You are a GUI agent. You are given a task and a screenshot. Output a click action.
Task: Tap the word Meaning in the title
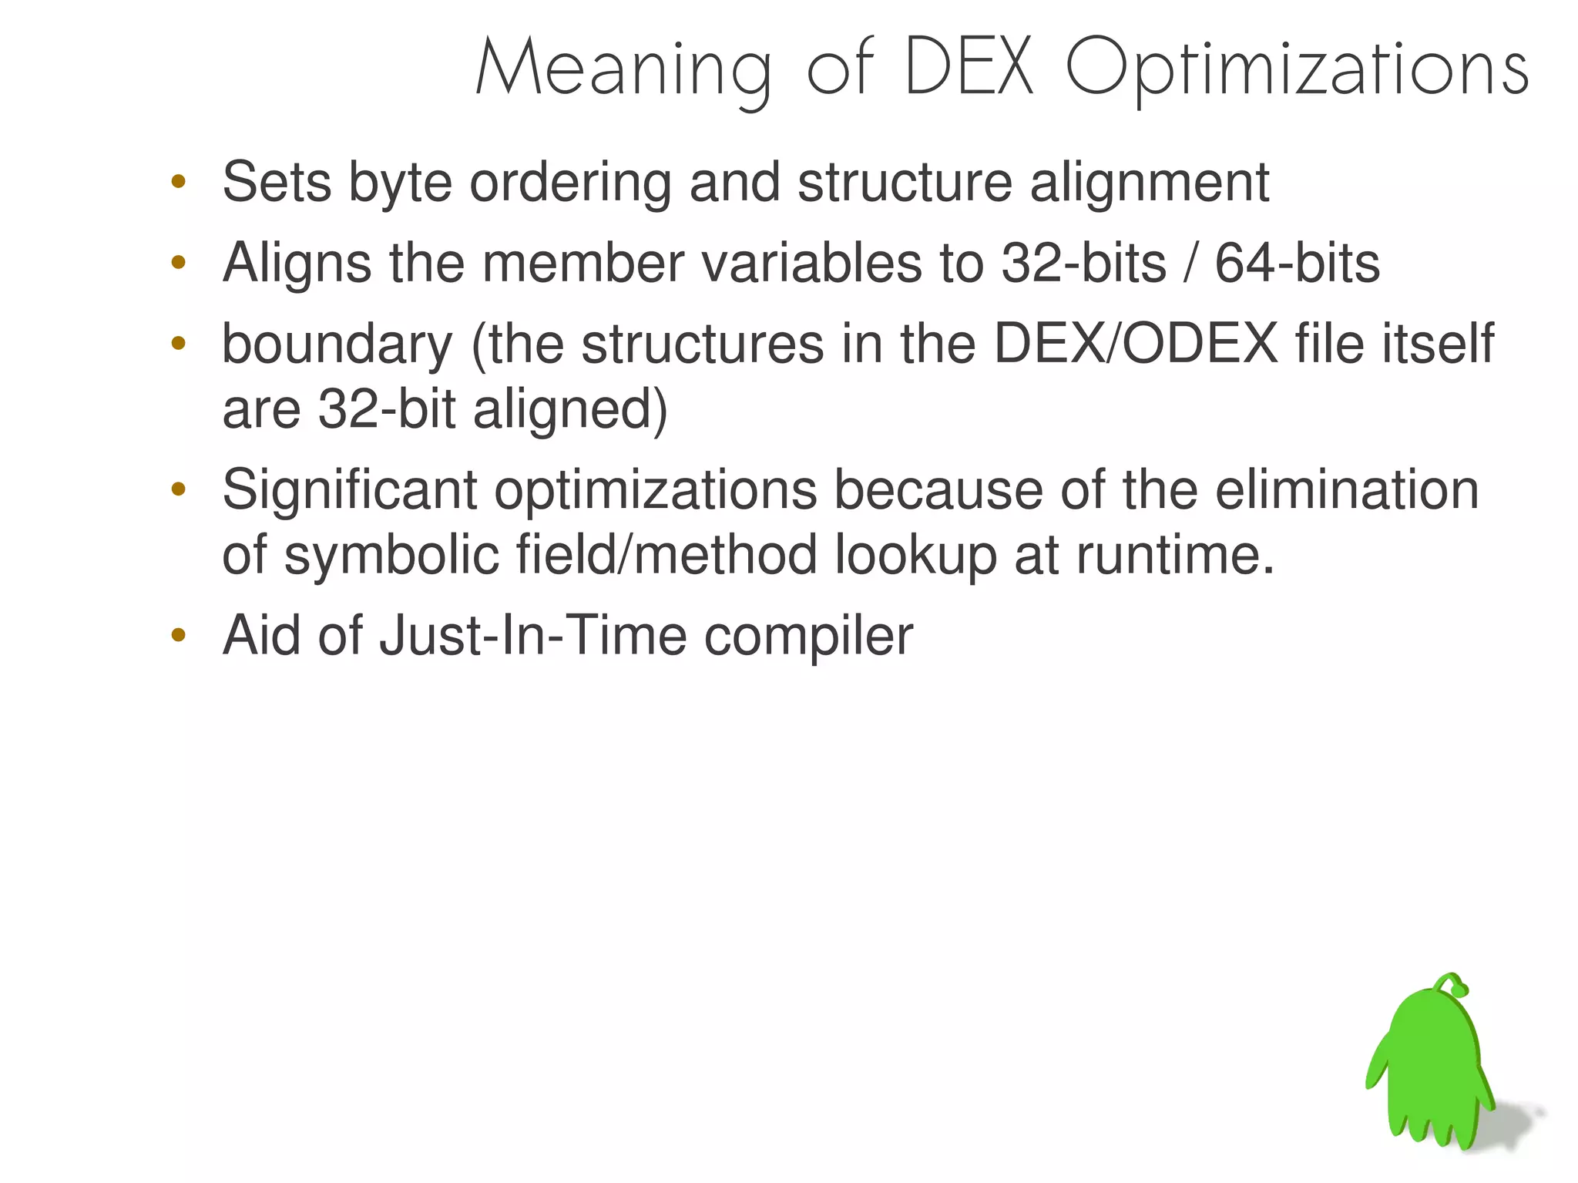tap(623, 71)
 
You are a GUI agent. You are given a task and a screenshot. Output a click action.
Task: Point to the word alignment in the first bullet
tap(1149, 183)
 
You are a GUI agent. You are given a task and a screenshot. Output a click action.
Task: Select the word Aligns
tap(297, 264)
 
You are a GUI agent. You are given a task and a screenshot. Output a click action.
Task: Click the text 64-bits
tap(1297, 263)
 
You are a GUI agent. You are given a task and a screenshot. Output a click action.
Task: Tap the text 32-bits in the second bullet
tap(1083, 263)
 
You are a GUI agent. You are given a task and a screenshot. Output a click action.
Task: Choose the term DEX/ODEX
tap(1136, 344)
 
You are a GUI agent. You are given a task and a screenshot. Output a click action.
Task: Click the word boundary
tap(337, 345)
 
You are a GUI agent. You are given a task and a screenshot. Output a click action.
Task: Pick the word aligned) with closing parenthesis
tap(570, 409)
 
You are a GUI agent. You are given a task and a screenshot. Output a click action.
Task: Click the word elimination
tap(1347, 489)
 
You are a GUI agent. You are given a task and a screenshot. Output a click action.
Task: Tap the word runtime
tap(1176, 555)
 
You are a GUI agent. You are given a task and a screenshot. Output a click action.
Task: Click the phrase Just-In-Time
tap(532, 636)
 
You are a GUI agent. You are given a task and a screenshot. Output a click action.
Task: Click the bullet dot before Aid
tap(179, 636)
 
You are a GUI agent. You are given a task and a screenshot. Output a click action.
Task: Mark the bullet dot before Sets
tap(179, 183)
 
